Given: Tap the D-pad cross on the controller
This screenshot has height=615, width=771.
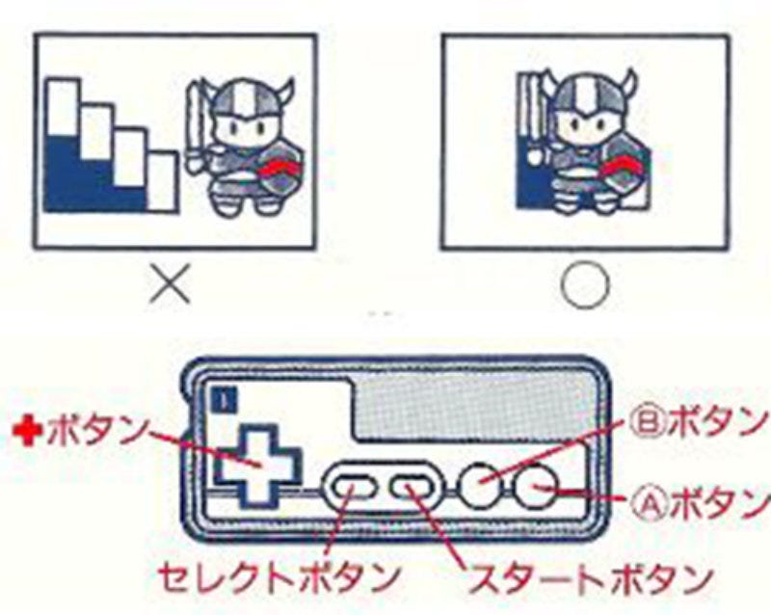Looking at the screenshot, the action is (258, 466).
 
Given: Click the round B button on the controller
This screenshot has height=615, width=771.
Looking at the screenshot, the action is (479, 489).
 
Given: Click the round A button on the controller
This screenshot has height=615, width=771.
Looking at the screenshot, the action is (536, 489).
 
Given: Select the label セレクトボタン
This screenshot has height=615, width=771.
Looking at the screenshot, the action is (279, 577).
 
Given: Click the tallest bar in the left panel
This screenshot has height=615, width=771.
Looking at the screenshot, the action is (63, 145).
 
